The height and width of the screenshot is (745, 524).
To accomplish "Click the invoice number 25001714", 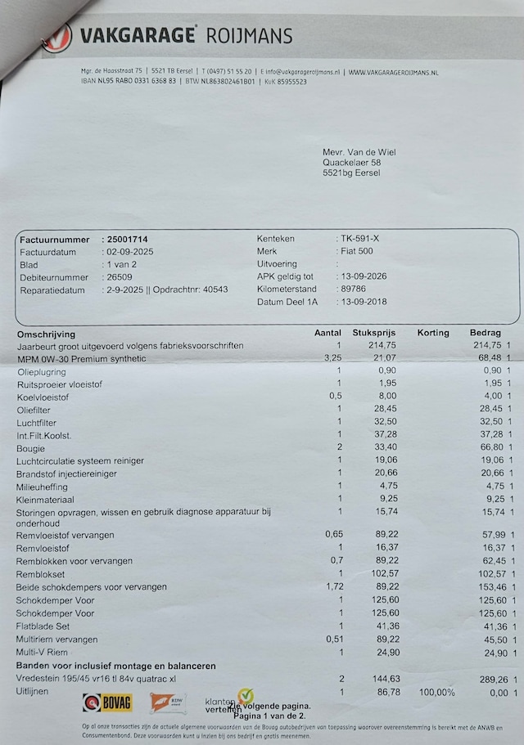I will [129, 240].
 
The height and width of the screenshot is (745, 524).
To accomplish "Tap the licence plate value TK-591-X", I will [360, 239].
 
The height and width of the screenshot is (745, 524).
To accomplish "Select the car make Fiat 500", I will [357, 251].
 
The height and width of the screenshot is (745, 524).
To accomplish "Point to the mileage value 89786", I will [355, 289].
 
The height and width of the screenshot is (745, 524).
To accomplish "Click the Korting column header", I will [433, 333].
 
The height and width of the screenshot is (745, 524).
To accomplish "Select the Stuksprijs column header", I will [373, 333].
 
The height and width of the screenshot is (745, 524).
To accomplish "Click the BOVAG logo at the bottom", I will [107, 702].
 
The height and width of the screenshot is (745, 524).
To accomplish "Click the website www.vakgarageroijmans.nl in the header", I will [393, 73].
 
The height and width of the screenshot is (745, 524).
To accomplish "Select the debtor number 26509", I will [120, 277].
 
